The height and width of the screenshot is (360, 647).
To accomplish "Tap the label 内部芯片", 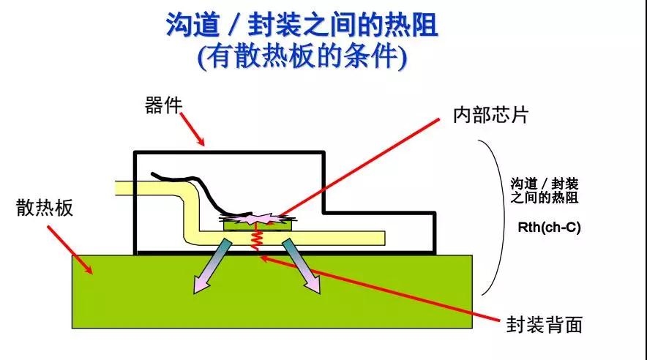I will [x=490, y=115].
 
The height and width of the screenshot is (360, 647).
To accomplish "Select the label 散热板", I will [x=45, y=209].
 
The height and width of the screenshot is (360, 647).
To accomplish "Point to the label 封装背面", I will [x=545, y=324].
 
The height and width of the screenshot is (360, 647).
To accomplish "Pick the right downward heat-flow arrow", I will [x=302, y=266].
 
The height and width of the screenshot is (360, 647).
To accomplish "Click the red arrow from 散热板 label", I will [x=70, y=249].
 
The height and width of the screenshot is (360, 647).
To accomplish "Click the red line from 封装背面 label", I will [x=381, y=288].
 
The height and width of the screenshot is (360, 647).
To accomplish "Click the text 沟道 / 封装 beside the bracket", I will [x=544, y=184].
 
